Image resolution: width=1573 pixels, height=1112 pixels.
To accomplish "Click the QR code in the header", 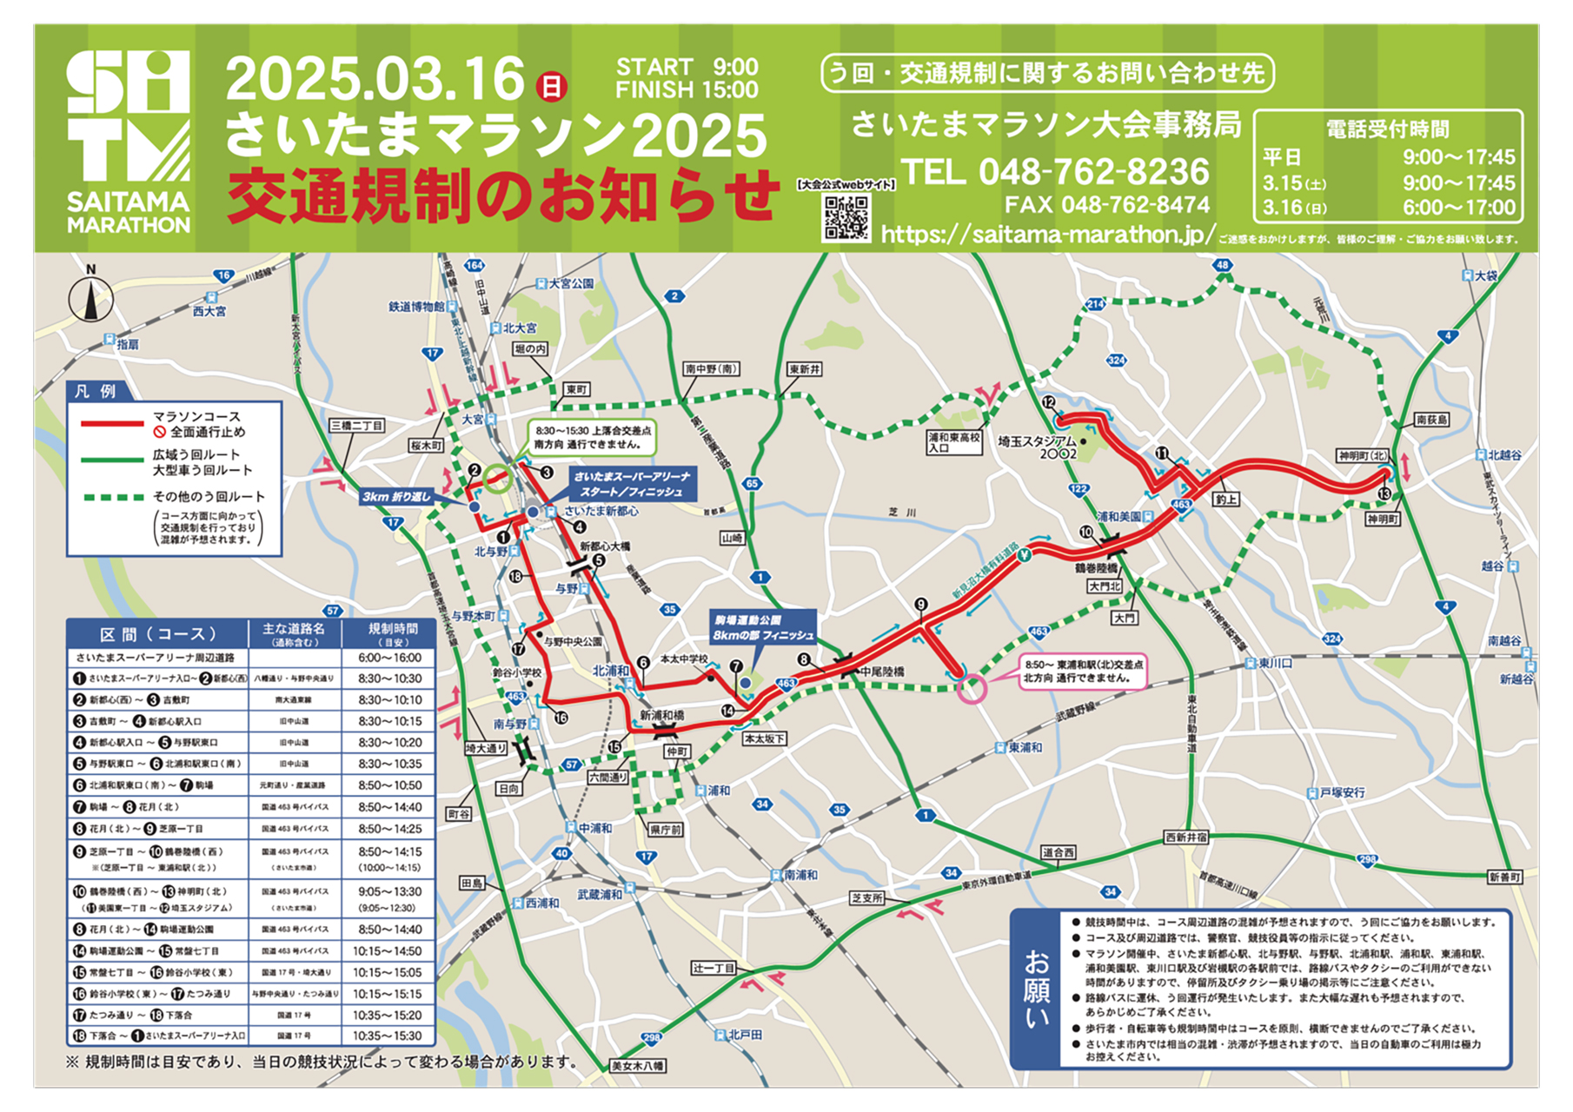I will tap(846, 217).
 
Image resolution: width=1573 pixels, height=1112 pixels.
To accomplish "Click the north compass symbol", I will tap(90, 298).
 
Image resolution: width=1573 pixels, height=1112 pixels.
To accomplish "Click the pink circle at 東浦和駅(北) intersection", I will tap(972, 689).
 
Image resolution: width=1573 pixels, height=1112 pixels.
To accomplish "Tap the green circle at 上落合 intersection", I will tap(498, 479).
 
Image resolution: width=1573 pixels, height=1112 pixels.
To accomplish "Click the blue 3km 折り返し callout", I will tap(396, 497).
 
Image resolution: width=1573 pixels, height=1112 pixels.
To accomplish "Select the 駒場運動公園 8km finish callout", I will tap(764, 627).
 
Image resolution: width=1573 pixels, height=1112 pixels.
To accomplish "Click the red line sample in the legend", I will tap(112, 424).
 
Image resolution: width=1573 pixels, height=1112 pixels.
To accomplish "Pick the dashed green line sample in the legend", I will tap(112, 498).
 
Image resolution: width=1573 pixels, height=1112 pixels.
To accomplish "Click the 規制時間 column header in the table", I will tap(393, 633).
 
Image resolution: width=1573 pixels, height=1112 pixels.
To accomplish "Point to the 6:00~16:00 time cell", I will tap(389, 658).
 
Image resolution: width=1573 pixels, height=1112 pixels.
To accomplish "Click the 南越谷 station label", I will tap(1504, 641).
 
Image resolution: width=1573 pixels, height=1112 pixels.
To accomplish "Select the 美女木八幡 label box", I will tap(637, 1066).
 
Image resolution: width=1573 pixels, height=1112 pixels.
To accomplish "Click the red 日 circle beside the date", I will tap(550, 86).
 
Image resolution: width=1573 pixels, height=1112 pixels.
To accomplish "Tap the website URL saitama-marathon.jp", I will tap(1047, 235).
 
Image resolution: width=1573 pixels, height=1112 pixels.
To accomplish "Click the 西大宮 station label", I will tap(209, 311).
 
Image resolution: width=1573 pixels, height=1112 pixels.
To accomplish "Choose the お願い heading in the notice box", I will tap(1036, 989).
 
